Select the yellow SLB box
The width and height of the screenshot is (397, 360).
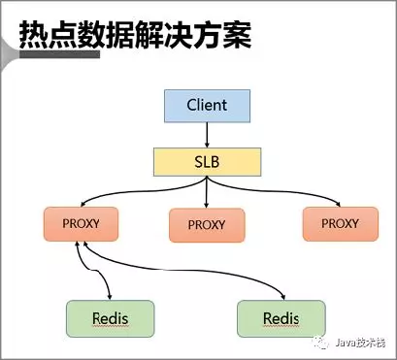pyautogui.click(x=206, y=161)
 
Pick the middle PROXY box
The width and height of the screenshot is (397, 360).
pyautogui.click(x=206, y=224)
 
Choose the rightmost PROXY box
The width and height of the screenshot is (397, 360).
pyautogui.click(x=339, y=223)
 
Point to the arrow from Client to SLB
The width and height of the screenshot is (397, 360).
pyautogui.click(x=206, y=134)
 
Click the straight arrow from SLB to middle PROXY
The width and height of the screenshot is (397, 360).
pyautogui.click(x=206, y=191)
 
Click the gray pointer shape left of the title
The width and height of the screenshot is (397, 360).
pyautogui.click(x=9, y=45)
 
